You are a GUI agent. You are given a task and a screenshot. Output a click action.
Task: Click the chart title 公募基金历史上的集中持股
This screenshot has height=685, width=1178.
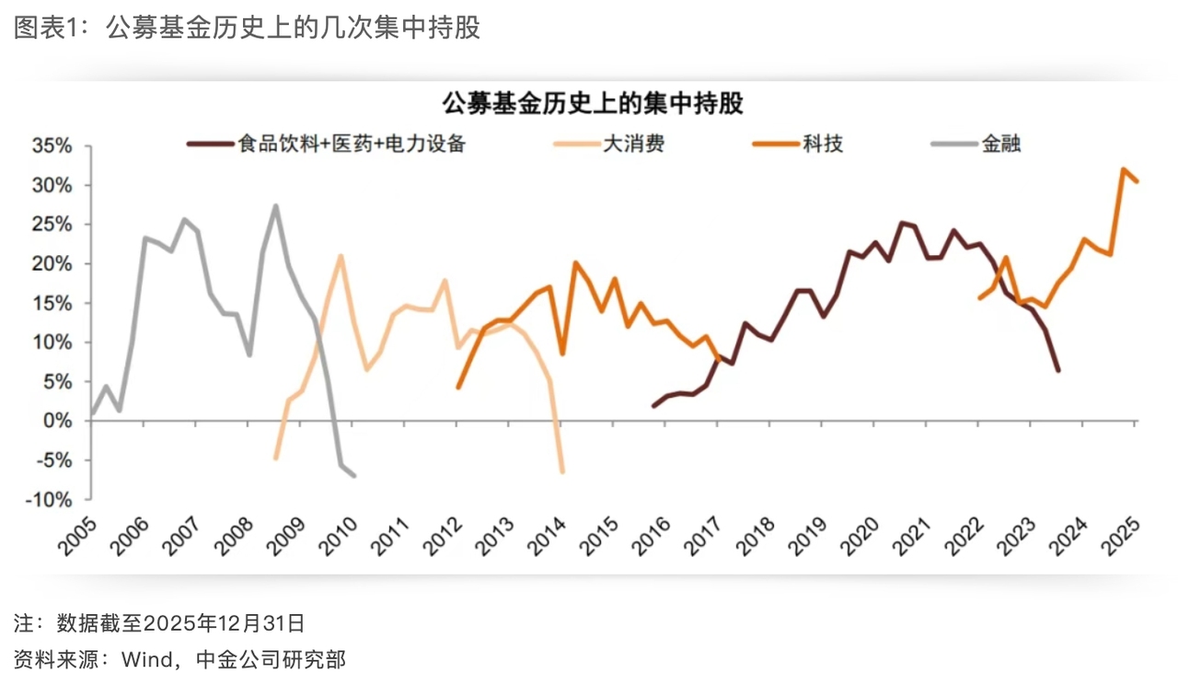593,104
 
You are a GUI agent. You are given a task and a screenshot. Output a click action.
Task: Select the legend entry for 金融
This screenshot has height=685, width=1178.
1001,144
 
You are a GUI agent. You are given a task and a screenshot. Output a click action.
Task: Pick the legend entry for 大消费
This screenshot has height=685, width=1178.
633,144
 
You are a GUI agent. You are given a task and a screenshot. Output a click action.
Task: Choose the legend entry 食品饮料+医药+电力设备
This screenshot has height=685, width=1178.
351,144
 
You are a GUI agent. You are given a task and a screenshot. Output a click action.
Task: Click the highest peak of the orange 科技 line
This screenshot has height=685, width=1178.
1124,169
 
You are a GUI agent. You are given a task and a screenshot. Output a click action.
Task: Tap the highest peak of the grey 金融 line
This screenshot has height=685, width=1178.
276,206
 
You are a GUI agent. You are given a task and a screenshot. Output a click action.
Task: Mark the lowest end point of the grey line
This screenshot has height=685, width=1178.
354,475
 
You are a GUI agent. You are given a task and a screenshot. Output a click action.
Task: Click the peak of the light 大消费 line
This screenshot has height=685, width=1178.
341,256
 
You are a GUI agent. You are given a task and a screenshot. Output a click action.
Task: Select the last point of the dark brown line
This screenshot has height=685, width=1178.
1058,370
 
